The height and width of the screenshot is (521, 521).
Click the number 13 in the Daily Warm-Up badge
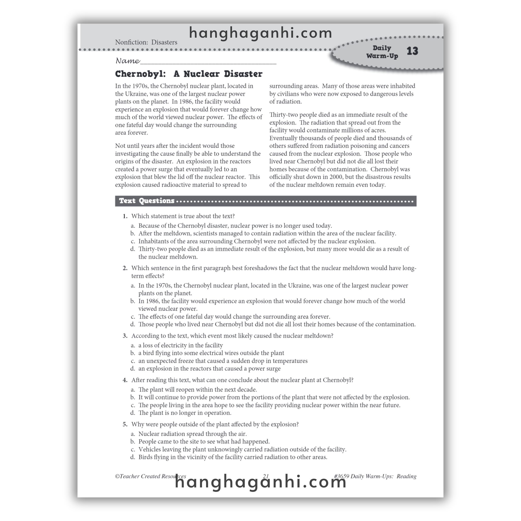(412, 51)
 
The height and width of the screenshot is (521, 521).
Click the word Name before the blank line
(127, 61)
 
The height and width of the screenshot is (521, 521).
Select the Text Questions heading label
(147, 201)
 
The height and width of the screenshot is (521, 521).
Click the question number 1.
(125, 216)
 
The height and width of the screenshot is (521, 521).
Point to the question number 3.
(125, 336)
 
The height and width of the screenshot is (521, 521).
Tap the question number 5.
(125, 424)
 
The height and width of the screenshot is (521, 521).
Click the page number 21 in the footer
(266, 476)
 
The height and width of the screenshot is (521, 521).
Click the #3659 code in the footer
(341, 476)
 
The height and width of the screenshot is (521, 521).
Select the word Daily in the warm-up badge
(382, 48)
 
